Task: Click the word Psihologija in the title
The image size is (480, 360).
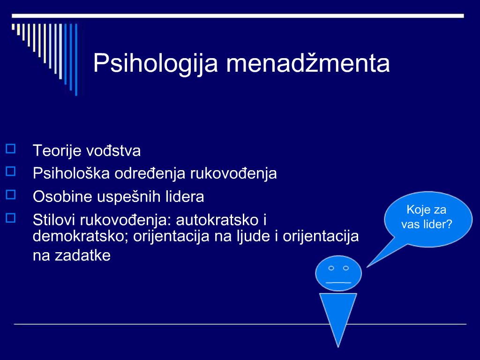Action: (x=156, y=64)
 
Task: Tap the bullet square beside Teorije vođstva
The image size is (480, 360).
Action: (x=11, y=149)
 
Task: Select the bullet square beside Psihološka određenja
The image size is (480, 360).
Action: (x=11, y=171)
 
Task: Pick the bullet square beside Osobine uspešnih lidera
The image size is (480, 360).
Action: (x=11, y=195)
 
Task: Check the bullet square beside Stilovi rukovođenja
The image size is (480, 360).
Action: (x=11, y=217)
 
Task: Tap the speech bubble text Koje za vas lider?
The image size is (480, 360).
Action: (x=427, y=217)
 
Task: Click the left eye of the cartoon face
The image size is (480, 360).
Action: (x=331, y=268)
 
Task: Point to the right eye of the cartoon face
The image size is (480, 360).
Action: (x=346, y=268)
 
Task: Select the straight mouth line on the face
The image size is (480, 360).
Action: (x=338, y=282)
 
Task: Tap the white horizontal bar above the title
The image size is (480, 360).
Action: (x=238, y=16)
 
